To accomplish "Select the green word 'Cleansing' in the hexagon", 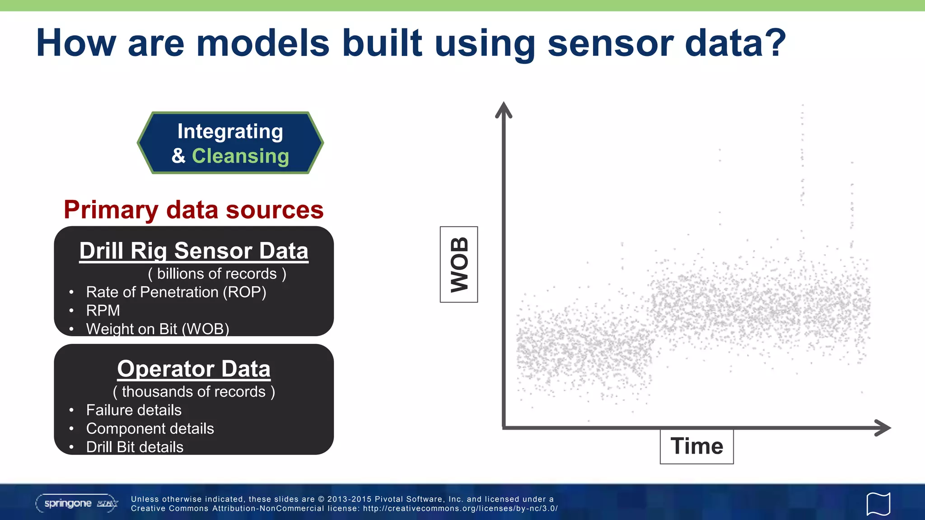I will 240,156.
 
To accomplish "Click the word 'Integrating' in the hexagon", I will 230,131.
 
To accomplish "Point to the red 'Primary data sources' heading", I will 194,210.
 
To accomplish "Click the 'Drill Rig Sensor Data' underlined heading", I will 194,251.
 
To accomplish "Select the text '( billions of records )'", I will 217,274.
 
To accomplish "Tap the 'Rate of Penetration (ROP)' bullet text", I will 176,292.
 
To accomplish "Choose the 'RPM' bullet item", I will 103,311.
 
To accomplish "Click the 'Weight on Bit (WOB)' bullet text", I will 157,329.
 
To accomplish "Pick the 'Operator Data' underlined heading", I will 194,369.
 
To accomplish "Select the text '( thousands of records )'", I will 194,392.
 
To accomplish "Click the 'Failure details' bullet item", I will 134,410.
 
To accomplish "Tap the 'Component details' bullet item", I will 150,429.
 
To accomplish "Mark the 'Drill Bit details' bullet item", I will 135,447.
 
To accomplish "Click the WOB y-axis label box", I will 459,265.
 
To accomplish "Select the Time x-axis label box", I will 696,446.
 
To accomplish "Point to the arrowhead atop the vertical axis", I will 503,110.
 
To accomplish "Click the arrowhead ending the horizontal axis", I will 883,427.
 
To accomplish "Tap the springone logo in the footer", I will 77,503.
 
